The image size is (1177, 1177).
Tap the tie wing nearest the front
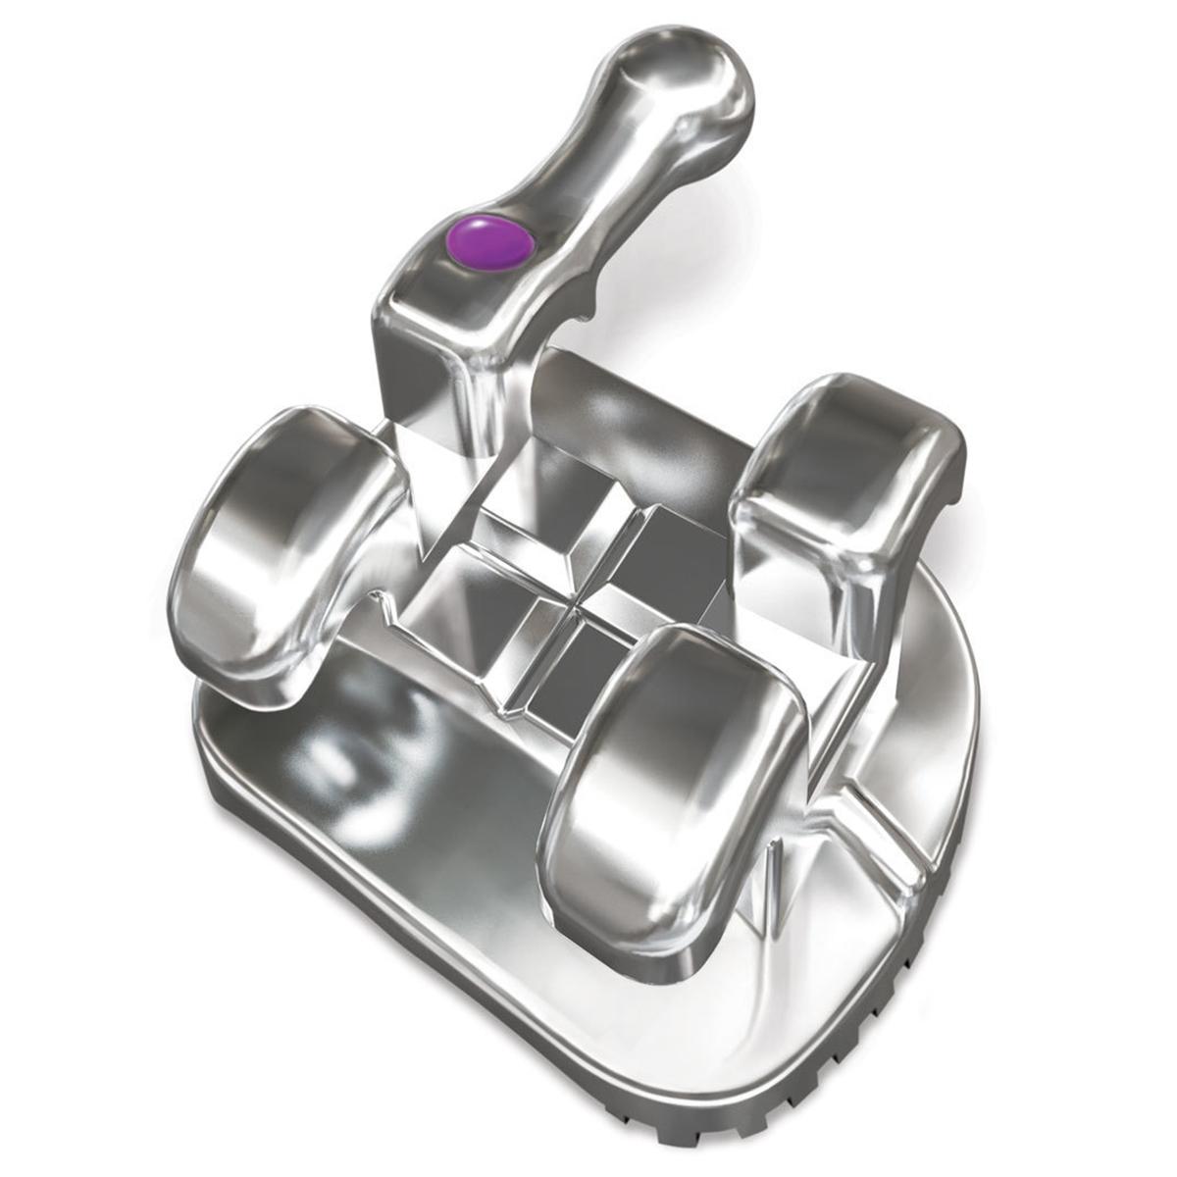tap(677, 775)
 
